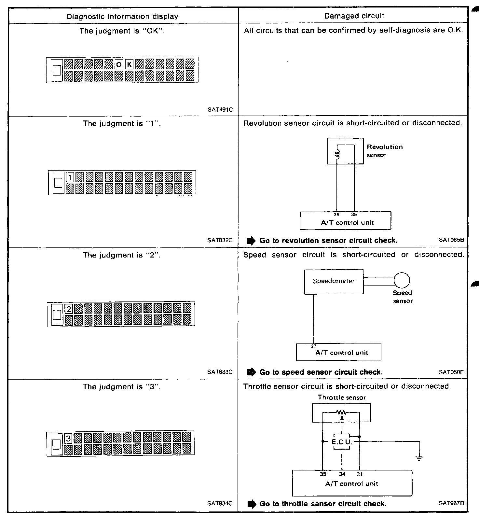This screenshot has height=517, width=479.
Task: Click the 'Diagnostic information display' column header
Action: (x=122, y=16)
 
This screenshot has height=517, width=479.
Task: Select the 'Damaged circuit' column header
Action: (x=354, y=16)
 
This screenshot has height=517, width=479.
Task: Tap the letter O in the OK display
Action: (x=119, y=64)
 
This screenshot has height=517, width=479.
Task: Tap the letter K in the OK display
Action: (x=129, y=64)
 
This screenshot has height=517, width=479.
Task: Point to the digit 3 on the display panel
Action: (x=68, y=439)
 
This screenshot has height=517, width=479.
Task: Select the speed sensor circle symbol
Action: (x=402, y=280)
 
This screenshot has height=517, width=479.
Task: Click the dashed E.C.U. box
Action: (x=342, y=442)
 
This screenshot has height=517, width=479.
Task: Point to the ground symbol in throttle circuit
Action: (x=419, y=458)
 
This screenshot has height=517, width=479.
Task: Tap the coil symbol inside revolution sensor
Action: (x=337, y=154)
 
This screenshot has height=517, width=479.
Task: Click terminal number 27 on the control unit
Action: (x=314, y=346)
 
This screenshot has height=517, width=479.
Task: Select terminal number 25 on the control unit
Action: (x=336, y=215)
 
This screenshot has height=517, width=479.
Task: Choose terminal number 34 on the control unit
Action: (x=342, y=474)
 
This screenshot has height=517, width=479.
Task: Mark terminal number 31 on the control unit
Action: (x=360, y=474)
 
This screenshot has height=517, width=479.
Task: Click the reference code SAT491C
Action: (x=220, y=110)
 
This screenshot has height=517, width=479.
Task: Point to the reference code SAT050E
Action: (x=451, y=372)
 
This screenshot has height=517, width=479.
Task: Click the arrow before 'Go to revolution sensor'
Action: (x=251, y=241)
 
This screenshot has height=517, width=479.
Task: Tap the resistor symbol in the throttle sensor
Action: (x=341, y=412)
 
